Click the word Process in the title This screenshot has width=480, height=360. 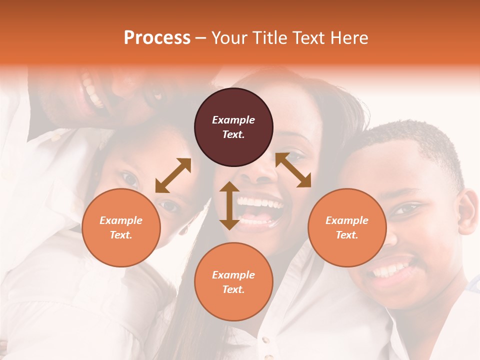[x=157, y=38]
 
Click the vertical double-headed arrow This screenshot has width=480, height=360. [x=229, y=205]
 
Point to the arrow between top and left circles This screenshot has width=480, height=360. [x=173, y=175]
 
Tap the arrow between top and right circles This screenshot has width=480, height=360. [x=293, y=170]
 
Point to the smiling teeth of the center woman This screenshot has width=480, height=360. [x=260, y=204]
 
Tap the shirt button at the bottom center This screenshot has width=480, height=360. [x=266, y=341]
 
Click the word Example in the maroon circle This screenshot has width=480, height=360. [x=233, y=120]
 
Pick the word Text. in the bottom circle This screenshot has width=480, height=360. [x=233, y=289]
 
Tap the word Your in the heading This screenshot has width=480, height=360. [x=228, y=38]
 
